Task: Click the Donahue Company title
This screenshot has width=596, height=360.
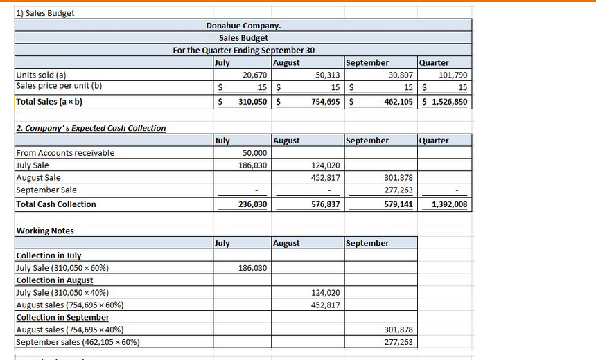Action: click(243, 26)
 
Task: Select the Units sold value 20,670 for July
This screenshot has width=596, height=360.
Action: click(253, 75)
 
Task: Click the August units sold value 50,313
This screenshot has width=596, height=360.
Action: click(327, 75)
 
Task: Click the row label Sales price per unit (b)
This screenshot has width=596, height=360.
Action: click(58, 86)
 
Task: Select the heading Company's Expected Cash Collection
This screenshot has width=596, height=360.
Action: click(91, 128)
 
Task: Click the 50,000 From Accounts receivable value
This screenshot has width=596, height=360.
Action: click(254, 153)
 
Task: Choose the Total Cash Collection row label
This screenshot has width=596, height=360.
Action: click(56, 204)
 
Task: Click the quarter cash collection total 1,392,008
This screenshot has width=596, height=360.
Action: click(449, 205)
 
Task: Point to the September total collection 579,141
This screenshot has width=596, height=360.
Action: click(398, 205)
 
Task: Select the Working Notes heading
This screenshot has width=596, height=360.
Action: click(45, 231)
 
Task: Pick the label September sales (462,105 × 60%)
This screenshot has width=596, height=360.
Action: click(78, 342)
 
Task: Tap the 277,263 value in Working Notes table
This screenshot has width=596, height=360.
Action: click(398, 342)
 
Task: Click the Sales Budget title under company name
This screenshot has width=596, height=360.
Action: click(243, 37)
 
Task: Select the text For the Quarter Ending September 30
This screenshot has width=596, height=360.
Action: click(243, 50)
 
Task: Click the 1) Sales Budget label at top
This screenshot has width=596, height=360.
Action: click(45, 12)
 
